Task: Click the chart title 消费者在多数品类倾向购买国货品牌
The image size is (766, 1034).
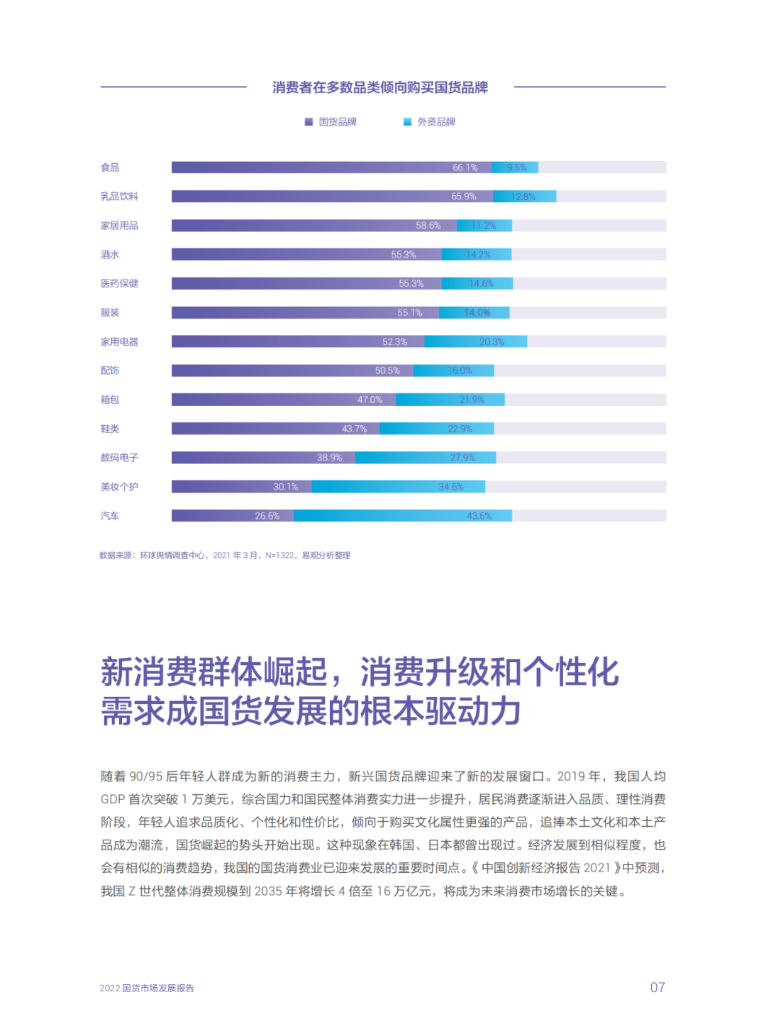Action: click(380, 87)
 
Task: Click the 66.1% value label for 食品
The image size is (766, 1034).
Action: click(465, 167)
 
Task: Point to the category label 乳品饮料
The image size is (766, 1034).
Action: click(119, 197)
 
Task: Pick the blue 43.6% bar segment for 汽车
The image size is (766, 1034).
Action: click(402, 516)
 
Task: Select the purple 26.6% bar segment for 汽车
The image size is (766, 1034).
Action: click(232, 516)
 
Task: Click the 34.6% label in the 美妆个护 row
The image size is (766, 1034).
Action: click(450, 487)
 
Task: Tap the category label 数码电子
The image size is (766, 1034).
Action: click(119, 458)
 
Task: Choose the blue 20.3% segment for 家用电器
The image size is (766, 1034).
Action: click(475, 341)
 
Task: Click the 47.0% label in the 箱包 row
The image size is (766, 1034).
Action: click(370, 400)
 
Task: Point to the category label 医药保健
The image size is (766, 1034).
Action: click(119, 283)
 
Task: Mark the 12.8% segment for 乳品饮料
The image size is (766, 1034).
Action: click(524, 197)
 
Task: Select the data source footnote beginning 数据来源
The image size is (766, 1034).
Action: click(225, 556)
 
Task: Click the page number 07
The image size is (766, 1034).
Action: click(657, 987)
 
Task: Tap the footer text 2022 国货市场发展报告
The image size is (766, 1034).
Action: click(147, 988)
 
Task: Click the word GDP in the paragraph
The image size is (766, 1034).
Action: click(112, 799)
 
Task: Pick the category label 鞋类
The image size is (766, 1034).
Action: click(110, 429)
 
